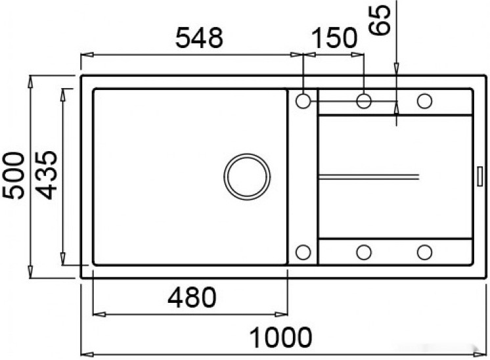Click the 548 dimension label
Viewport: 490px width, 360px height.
[x=199, y=37]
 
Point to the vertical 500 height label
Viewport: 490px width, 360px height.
[x=14, y=175]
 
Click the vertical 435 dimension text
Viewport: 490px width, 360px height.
[x=47, y=175]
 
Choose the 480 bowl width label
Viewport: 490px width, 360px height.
[x=191, y=298]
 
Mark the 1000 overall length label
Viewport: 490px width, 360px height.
[x=281, y=338]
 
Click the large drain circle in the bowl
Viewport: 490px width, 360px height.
[x=247, y=176]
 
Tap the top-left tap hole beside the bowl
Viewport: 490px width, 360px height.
[x=303, y=101]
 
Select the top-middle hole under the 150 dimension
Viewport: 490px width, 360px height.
[x=364, y=101]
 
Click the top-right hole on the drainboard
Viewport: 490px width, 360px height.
[x=424, y=101]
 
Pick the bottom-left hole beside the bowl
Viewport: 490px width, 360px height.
[x=303, y=252]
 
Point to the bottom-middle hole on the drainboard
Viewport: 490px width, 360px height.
[x=364, y=252]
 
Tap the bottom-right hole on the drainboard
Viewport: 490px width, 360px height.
[x=424, y=252]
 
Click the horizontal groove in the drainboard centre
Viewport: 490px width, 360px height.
[x=368, y=175]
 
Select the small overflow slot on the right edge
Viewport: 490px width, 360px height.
[x=478, y=175]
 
